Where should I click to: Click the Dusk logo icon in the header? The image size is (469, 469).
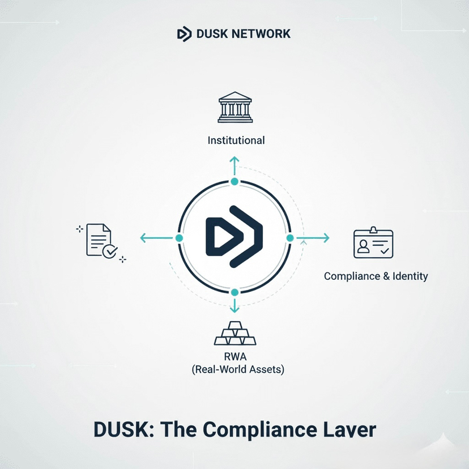(x=184, y=33)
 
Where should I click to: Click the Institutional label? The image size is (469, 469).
(x=236, y=140)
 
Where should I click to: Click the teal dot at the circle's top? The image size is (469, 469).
(x=234, y=182)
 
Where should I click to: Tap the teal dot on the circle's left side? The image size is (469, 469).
(x=179, y=238)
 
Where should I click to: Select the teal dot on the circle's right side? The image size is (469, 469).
(x=290, y=238)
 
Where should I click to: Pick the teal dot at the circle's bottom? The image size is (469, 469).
(x=234, y=292)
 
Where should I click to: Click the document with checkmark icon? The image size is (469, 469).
(x=101, y=242)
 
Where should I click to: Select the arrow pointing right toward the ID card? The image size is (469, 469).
(x=313, y=238)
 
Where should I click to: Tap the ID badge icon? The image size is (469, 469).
(x=373, y=243)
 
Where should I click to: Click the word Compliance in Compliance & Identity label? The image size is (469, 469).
(x=351, y=276)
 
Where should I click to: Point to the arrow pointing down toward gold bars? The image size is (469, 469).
(x=234, y=306)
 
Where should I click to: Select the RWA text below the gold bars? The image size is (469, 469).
(x=235, y=357)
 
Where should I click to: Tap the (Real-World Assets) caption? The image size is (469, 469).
(x=237, y=370)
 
